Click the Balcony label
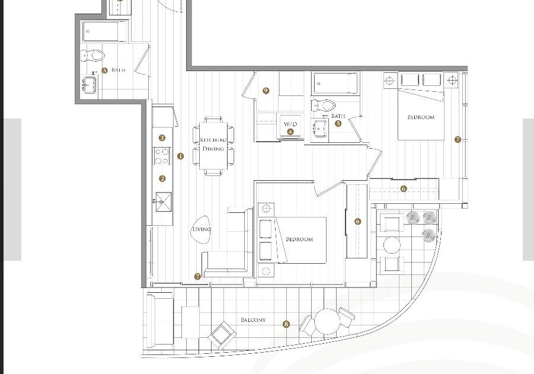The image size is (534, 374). click(253, 320)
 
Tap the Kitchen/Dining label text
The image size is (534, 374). click(213, 144)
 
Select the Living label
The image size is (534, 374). click(202, 229)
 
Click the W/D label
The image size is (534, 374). click(290, 124)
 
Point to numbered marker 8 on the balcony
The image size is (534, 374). click(286, 324)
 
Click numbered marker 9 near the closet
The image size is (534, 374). click(266, 91)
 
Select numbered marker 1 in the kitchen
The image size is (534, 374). click(181, 156)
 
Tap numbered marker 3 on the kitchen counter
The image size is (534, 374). click(162, 138)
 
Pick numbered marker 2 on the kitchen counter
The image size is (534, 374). click(162, 178)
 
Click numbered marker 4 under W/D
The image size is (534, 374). click(290, 132)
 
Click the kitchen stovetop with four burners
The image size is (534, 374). click(162, 156)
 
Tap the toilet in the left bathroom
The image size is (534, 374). click(93, 55)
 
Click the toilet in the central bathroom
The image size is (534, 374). click(324, 106)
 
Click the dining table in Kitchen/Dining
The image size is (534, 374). click(213, 146)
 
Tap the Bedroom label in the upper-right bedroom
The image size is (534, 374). click(421, 117)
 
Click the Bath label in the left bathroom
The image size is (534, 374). click(118, 70)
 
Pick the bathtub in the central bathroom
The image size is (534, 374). click(336, 84)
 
